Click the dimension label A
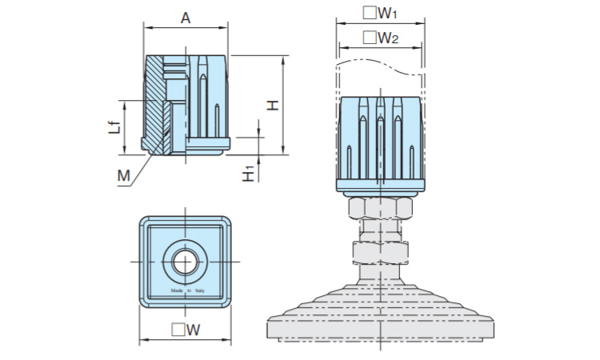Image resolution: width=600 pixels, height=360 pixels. coord(186,17)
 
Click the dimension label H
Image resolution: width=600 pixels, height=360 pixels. coord(273,105)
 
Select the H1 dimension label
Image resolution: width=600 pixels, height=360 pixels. coord(250,170)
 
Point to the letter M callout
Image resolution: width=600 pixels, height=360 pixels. coord(123,175)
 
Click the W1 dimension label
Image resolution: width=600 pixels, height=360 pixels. coord(387,13)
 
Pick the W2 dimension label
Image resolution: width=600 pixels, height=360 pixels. coord(387,38)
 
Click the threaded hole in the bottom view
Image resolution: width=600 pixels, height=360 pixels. coord(186,261)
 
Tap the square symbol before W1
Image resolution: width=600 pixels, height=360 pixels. coord(369,13)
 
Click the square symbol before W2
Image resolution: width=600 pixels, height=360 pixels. coord(369,38)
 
